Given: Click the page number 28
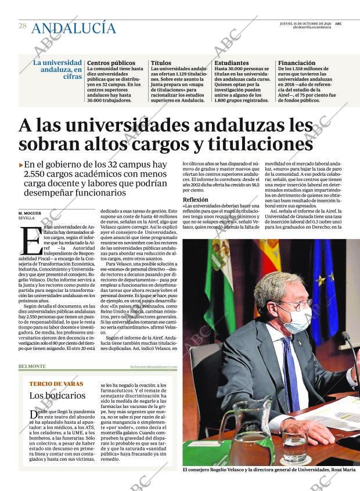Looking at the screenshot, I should (22, 26).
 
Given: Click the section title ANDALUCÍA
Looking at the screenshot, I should (73, 27).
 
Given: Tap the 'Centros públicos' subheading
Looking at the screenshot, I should (111, 63).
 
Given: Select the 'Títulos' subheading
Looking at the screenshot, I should (161, 63).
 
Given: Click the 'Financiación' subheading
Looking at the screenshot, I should (297, 63).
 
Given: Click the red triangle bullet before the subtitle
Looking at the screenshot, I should (21, 165).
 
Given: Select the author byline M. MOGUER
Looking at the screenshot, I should (30, 213).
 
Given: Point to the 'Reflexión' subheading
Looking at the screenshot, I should (195, 199).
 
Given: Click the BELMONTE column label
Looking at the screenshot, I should (33, 366).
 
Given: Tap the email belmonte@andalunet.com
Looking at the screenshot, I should (153, 367).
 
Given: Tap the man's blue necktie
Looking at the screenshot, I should (290, 371).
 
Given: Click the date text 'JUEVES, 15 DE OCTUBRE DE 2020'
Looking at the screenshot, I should (305, 23).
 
